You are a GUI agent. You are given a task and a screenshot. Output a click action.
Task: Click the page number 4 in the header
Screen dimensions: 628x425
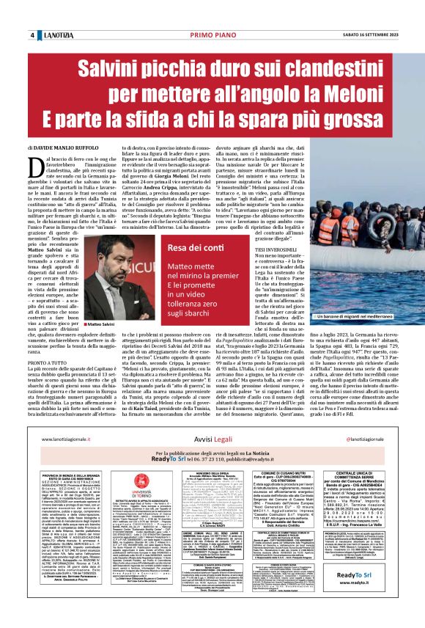pos(32,36)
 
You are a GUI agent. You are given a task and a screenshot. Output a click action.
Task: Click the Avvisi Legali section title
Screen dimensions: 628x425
pos(212,440)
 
